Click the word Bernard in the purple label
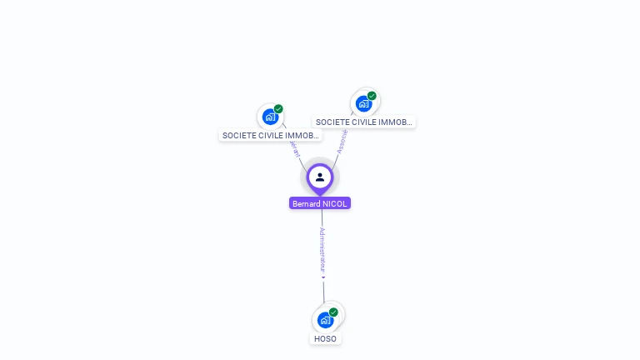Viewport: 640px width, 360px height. tap(307, 203)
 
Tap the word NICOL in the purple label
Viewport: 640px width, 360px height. tap(335, 203)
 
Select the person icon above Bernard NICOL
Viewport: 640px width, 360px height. tap(320, 177)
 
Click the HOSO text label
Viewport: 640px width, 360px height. tap(325, 339)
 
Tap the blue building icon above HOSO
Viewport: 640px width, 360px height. tap(324, 320)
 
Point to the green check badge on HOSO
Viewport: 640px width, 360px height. tap(333, 312)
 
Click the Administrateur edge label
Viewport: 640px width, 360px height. tap(322, 249)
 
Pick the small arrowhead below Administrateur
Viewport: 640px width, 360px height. tap(323, 277)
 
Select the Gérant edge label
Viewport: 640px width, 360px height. tap(294, 148)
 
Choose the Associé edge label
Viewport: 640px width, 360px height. tap(341, 141)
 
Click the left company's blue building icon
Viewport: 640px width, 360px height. tap(269, 117)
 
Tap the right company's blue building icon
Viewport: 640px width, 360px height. tap(362, 104)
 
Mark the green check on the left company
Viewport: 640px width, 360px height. tap(278, 109)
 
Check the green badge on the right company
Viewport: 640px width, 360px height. tap(372, 96)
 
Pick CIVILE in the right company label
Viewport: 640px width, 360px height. tap(364, 122)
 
